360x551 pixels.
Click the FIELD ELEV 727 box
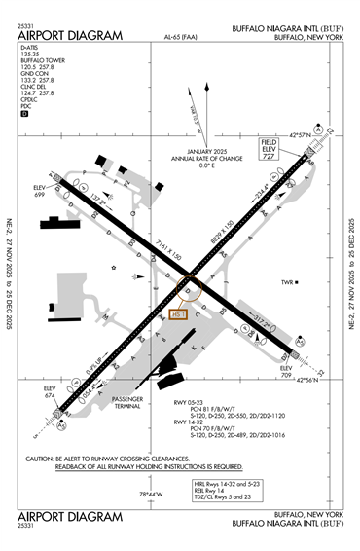[269, 147]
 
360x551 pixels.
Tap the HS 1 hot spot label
[177, 313]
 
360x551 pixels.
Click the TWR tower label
[288, 283]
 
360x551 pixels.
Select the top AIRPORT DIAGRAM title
[69, 36]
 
